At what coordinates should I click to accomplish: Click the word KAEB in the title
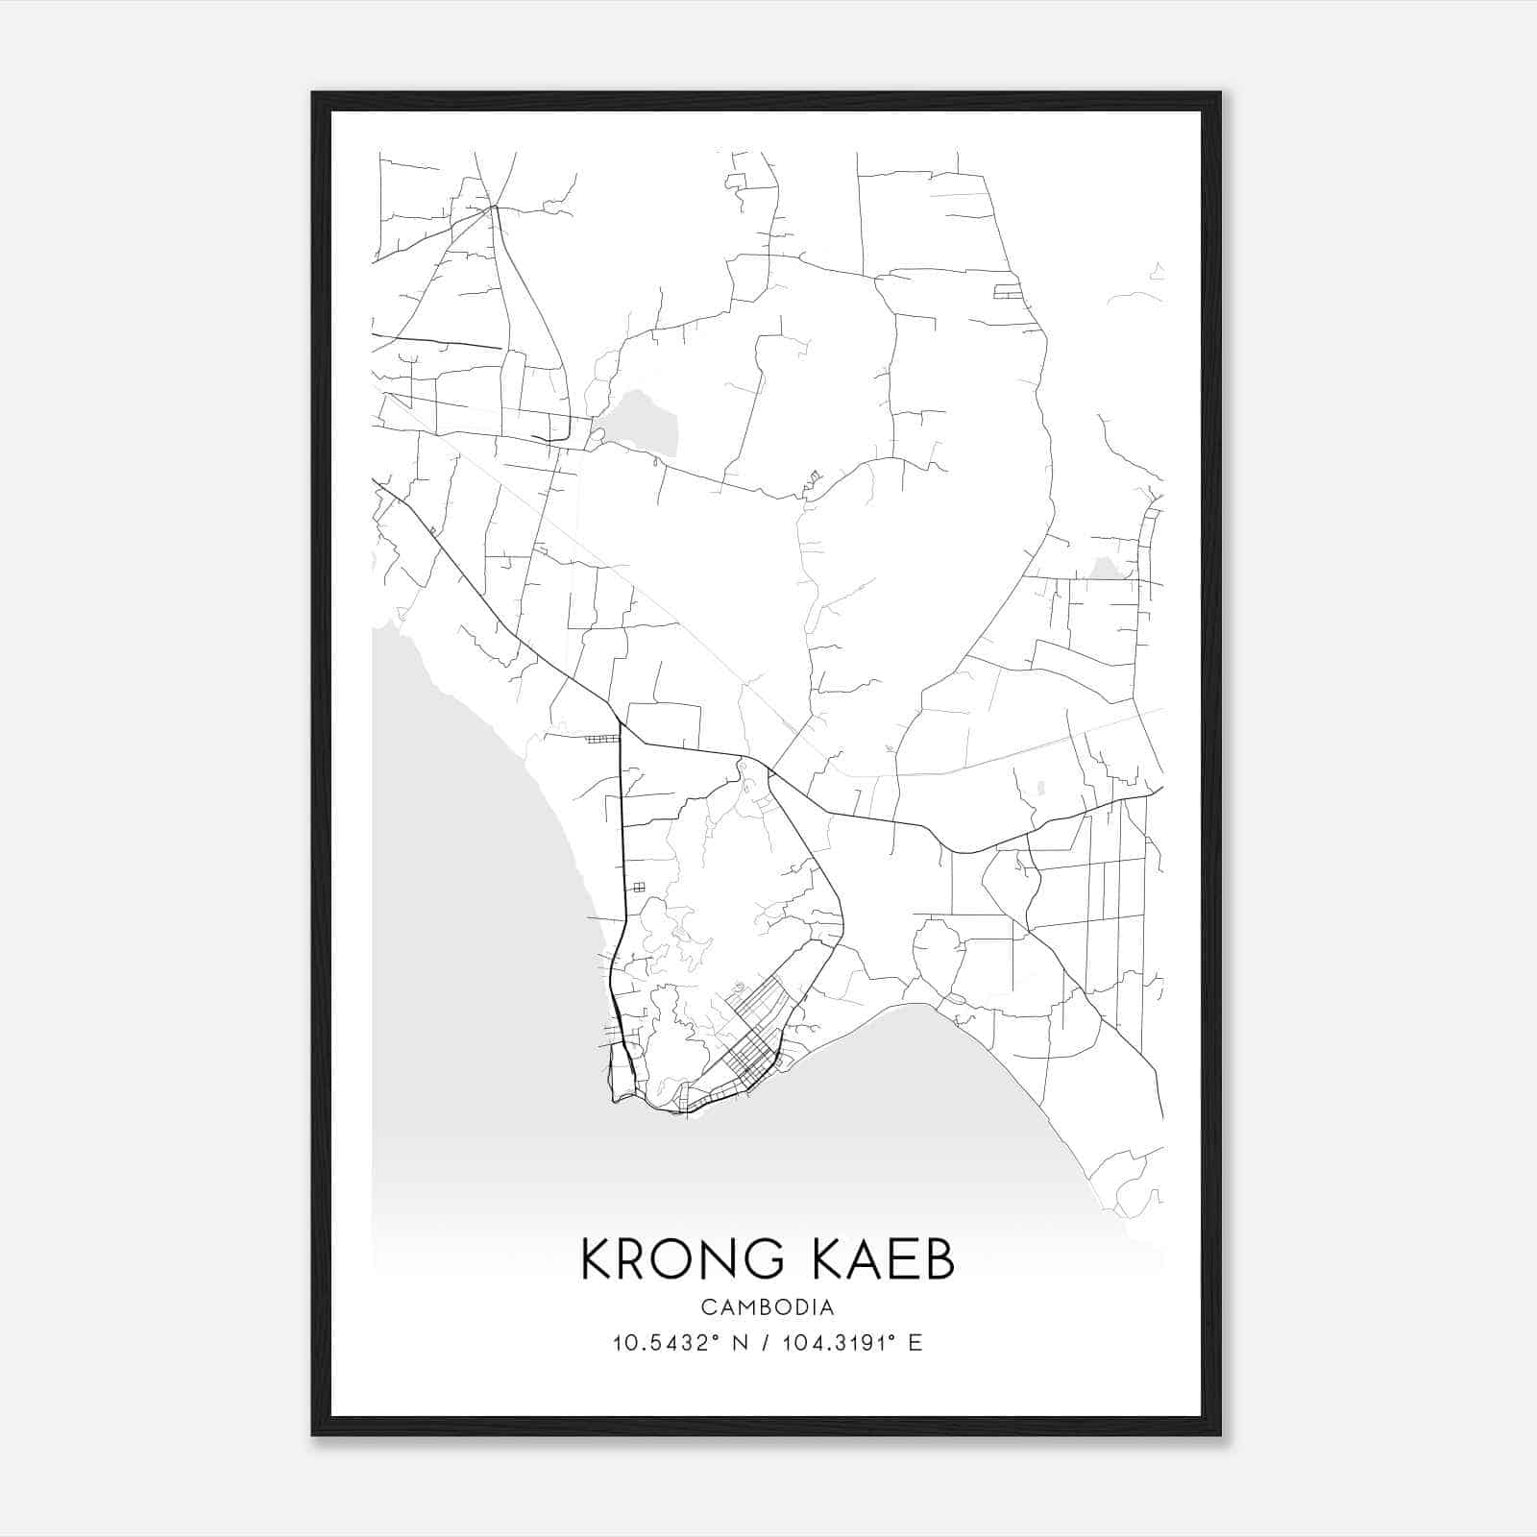[x=878, y=1259]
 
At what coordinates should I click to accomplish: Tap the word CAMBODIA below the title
[x=768, y=1307]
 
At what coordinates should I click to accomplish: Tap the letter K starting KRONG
[x=597, y=1259]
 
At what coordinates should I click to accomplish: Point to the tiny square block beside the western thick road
[x=638, y=887]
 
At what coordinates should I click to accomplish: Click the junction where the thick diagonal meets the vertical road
[x=621, y=724]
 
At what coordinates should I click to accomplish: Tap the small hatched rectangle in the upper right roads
[x=1008, y=290]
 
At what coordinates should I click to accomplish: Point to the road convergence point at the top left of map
[x=495, y=206]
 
